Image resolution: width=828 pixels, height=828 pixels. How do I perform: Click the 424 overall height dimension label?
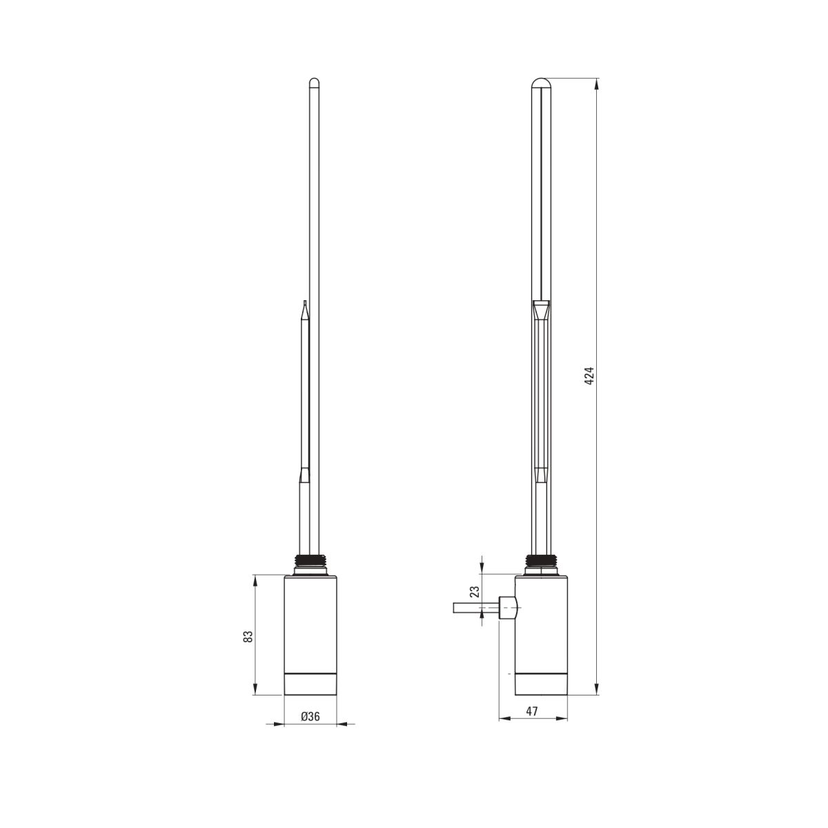tap(589, 376)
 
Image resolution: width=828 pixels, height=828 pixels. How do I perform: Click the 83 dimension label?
tap(248, 636)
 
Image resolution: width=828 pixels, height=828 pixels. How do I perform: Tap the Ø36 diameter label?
tap(310, 716)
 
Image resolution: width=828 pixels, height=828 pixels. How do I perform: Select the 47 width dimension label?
tap(532, 711)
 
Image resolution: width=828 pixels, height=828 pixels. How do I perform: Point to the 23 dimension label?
tap(474, 591)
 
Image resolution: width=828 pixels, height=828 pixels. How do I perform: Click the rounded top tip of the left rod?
tap(315, 81)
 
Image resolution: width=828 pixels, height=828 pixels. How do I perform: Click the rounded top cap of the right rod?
tap(541, 83)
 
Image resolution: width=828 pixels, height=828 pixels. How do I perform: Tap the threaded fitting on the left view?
tap(310, 561)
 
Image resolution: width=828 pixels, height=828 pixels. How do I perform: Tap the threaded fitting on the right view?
tap(542, 561)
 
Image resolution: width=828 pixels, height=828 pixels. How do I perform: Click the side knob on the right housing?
tap(506, 608)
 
